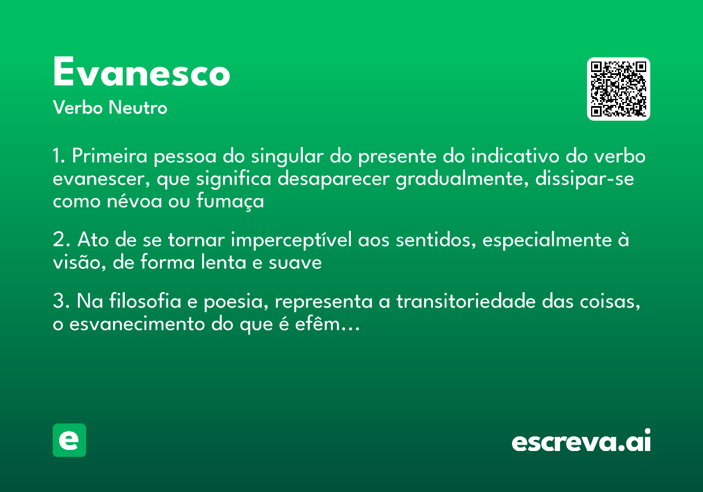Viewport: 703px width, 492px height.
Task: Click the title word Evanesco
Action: coord(141,73)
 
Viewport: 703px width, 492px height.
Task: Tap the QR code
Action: coord(619,89)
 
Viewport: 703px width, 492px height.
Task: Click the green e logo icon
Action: coord(69,440)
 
